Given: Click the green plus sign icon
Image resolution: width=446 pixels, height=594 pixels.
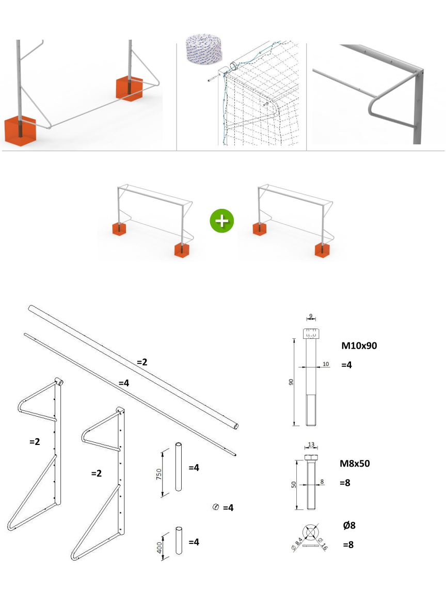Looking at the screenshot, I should click(x=222, y=220).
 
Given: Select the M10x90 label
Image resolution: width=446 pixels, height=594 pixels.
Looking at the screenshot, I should click(x=359, y=346).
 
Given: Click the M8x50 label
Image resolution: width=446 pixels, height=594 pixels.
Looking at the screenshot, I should click(x=355, y=464).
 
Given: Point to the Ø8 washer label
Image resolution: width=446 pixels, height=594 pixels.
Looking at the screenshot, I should click(x=349, y=525).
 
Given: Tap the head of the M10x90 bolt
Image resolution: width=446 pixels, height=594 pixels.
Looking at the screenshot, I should click(x=311, y=333).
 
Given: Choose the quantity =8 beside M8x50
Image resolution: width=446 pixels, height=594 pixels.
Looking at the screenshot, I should click(x=346, y=483).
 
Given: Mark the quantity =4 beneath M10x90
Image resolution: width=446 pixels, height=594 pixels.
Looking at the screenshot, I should click(x=346, y=365).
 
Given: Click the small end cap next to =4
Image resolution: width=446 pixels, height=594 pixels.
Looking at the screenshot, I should click(x=216, y=507).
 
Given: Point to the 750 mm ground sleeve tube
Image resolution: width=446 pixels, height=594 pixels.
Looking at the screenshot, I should click(x=179, y=466).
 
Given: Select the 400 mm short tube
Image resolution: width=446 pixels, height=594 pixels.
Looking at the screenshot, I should click(x=179, y=540).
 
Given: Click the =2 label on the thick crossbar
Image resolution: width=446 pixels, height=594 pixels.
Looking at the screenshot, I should click(x=142, y=362).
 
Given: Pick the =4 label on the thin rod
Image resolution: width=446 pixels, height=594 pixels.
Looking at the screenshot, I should click(x=123, y=383).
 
